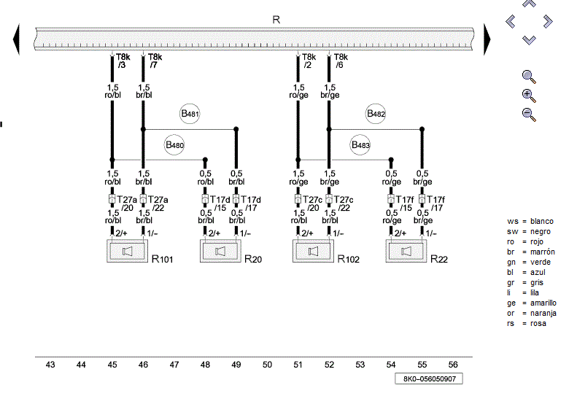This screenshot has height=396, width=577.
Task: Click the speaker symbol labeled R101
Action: pos(128,252)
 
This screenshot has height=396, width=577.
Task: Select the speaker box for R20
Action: pos(220,252)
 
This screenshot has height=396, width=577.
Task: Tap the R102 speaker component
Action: pos(313,252)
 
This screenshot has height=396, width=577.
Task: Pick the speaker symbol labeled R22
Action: pos(406,252)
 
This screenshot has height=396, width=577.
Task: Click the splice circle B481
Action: pos(190,114)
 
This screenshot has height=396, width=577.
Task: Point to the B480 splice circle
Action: pos(175,145)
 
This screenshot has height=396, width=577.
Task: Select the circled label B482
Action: pos(376,114)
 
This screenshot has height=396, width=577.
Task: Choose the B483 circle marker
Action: pos(361,145)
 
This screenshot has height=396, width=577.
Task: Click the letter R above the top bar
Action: pos(276,20)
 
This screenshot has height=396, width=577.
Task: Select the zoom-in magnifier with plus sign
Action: pos(529,95)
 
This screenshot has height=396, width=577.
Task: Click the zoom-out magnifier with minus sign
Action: pos(529,114)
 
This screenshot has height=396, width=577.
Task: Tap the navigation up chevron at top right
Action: pos(529,4)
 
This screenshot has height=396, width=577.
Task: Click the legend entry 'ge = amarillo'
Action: pos(532,303)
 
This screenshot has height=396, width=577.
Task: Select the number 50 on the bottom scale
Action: pos(267,364)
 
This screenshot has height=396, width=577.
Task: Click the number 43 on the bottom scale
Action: pos(50,364)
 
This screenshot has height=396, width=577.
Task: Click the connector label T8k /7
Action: pos(155,61)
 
